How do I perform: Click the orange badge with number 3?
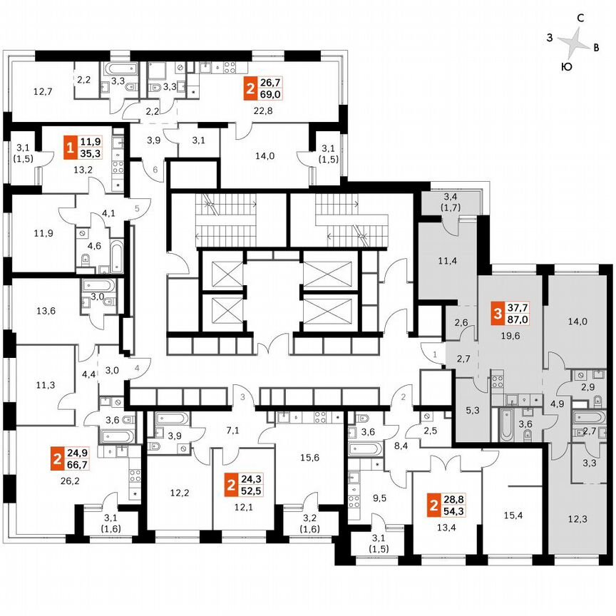pos(497,312)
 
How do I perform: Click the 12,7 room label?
pos(43,91)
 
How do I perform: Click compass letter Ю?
pos(565,66)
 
